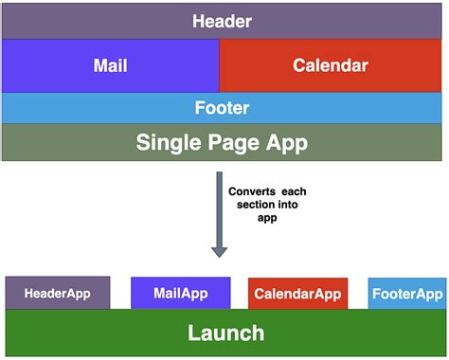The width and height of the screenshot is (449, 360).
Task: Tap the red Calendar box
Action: coord(331,65)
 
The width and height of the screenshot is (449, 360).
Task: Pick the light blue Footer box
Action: coord(224,108)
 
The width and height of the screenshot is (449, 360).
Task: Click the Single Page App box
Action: coord(224,142)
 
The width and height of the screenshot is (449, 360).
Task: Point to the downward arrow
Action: coord(219,213)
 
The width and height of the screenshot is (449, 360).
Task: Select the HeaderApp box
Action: coord(58,293)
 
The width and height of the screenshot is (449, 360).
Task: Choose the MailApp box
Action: coord(180,293)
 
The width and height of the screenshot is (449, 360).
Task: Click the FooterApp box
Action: coord(405,294)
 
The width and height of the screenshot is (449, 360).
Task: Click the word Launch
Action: coord(225,333)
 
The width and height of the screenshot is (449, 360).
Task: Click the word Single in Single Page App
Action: coord(169,143)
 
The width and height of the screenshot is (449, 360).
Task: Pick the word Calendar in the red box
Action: coord(331,65)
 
